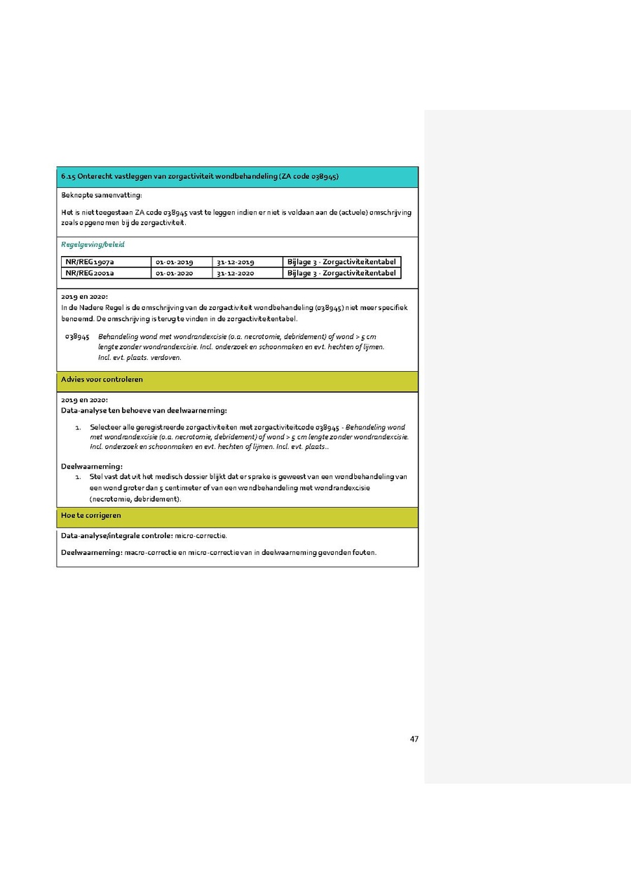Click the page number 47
coord(414,739)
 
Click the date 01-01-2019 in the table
coord(174,262)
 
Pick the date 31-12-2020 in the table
coord(235,273)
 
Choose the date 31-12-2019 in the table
coord(235,262)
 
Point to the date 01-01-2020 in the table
coord(174,273)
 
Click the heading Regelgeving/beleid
coord(93,245)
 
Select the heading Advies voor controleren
coord(102,380)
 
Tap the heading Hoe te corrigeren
coord(91,516)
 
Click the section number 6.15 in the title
coord(68,177)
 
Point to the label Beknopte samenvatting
coord(101,195)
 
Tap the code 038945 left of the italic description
coord(76,337)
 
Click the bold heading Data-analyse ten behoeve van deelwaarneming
coord(144,410)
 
